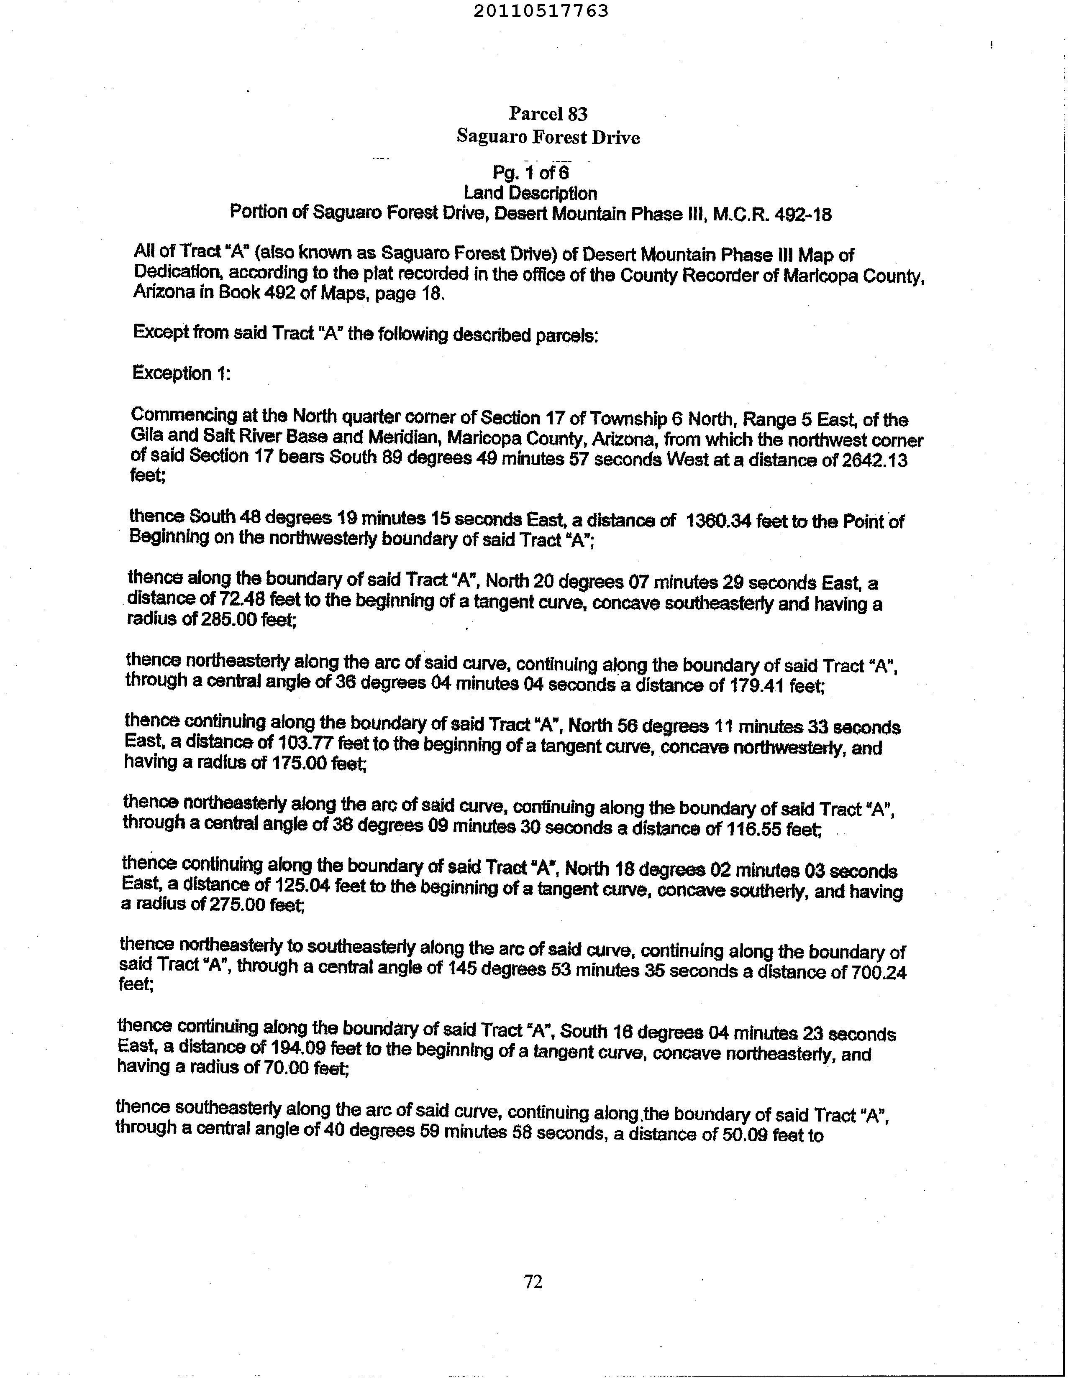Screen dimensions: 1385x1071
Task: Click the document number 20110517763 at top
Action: [541, 11]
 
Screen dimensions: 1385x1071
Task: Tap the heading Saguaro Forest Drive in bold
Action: [548, 137]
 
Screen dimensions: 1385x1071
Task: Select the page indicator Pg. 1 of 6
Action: [530, 172]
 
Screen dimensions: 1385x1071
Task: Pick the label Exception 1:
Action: [181, 373]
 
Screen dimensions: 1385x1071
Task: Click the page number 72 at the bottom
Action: [533, 1282]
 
